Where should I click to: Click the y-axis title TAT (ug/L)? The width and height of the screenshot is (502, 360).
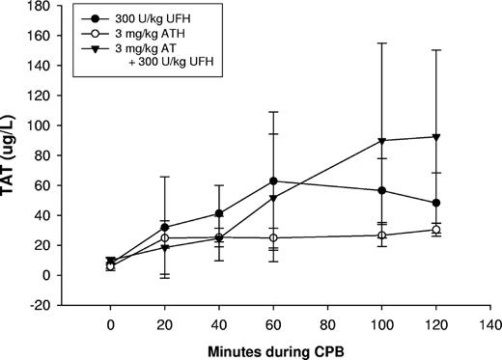16,151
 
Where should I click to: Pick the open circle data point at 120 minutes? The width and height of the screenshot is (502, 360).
436,230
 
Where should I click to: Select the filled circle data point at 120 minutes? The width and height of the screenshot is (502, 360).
436,203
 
